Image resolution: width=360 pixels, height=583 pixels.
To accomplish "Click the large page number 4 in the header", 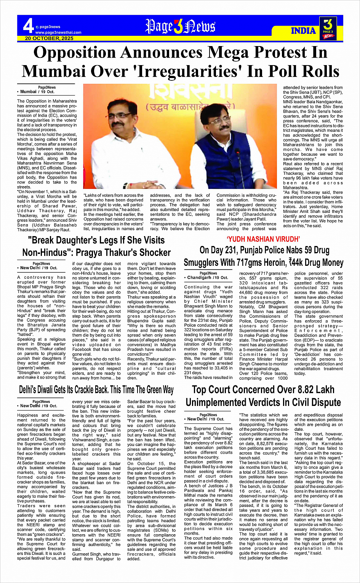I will click(28, 26).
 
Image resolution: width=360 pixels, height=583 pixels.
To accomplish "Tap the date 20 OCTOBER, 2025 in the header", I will click(49, 38).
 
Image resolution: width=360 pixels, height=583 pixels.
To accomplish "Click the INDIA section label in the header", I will click(303, 31).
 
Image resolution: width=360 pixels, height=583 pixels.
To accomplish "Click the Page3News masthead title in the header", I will click(180, 27).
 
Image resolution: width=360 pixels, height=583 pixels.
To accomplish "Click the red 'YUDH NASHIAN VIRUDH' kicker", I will click(263, 239).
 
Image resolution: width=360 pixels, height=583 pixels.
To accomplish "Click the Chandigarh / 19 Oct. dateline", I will click(208, 278).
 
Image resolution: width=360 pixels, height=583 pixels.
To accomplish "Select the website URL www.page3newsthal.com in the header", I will click(58, 33).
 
